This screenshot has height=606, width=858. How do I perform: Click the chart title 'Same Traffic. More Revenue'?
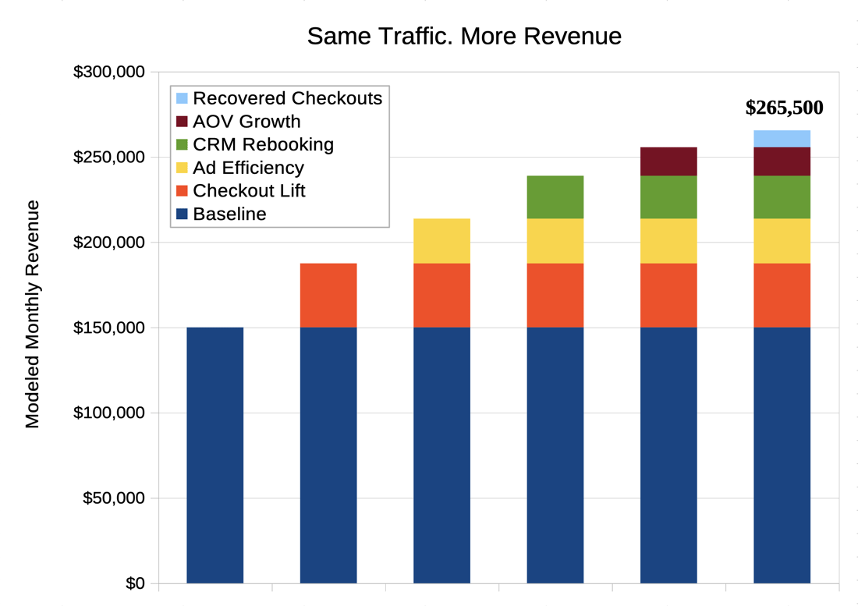[464, 36]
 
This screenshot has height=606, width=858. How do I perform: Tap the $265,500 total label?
[784, 108]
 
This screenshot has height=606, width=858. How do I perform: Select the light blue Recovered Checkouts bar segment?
[782, 138]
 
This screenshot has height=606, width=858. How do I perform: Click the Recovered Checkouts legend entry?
[287, 98]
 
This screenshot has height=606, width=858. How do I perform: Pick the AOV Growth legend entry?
[246, 122]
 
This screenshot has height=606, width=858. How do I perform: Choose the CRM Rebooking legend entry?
[263, 144]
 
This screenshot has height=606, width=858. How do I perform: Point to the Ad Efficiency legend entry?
[248, 168]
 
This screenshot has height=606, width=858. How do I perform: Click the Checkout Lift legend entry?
[249, 190]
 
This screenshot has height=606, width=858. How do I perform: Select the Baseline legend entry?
[229, 214]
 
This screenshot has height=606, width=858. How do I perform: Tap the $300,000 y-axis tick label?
[109, 73]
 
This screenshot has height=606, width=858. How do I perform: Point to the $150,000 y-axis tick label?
[109, 328]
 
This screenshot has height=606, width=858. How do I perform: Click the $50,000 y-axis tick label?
[114, 498]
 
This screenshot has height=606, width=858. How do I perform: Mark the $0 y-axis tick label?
[135, 583]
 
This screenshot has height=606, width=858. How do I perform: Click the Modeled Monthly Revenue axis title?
[32, 314]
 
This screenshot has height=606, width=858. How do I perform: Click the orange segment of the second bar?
[328, 295]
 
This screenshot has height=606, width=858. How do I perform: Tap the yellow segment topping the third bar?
[441, 240]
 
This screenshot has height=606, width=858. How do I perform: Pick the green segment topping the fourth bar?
[555, 197]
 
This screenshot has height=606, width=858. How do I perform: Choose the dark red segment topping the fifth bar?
[668, 161]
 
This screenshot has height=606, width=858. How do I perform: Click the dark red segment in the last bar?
[782, 161]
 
